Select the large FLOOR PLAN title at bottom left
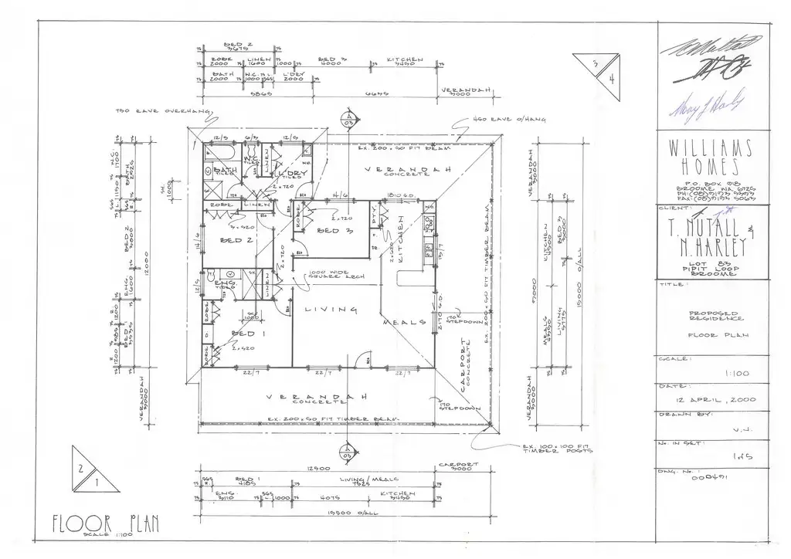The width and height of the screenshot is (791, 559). [107, 524]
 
